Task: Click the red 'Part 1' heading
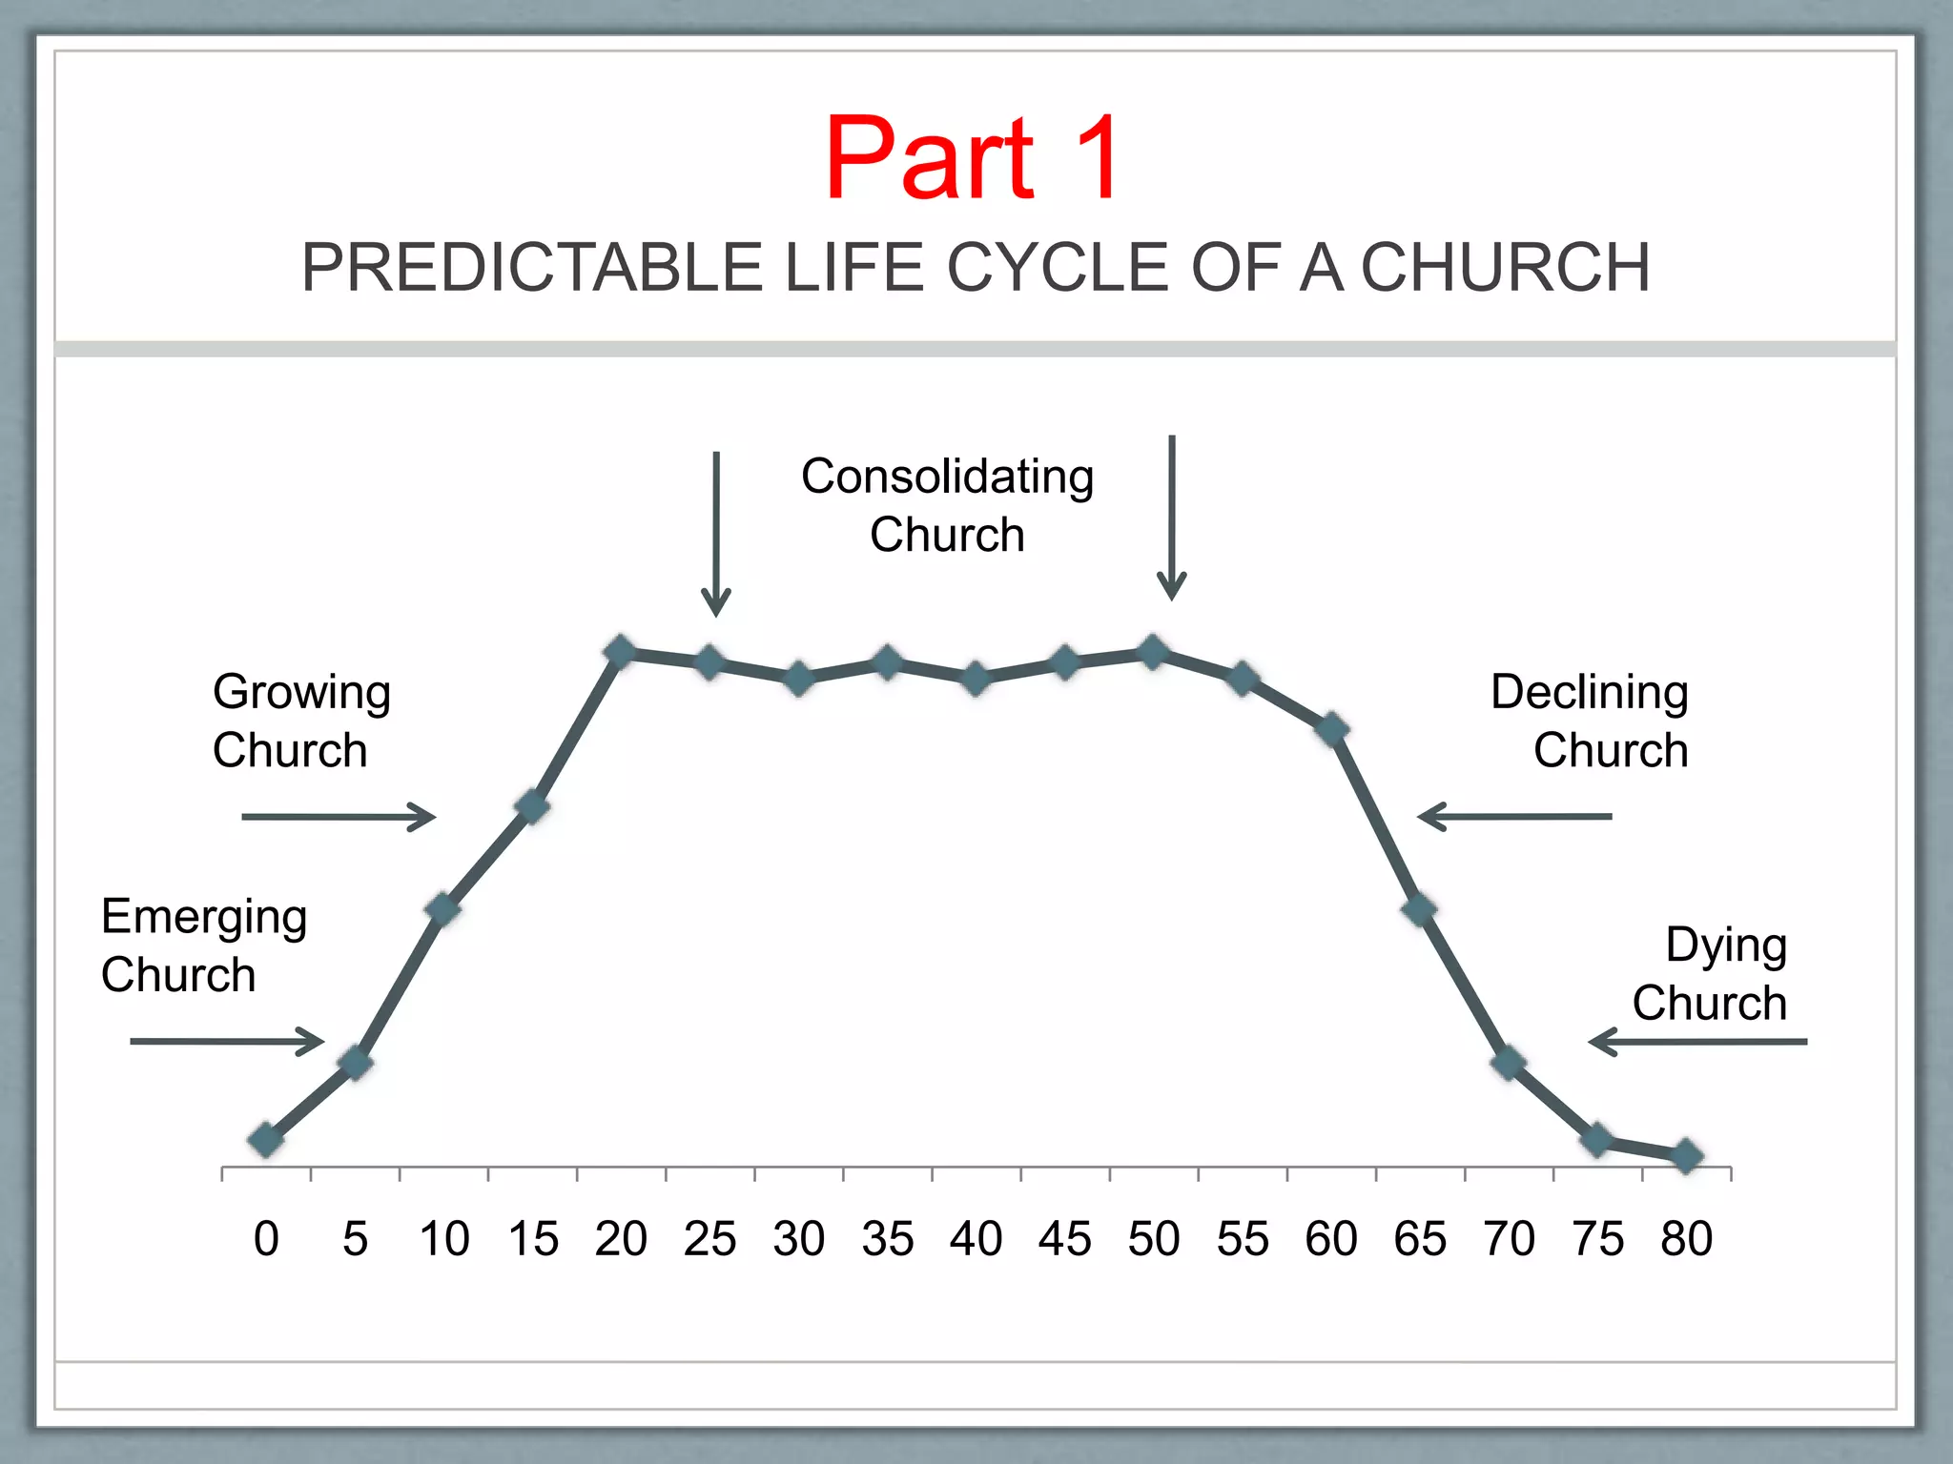tap(973, 158)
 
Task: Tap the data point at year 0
tap(266, 1139)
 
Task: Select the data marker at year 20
tap(621, 652)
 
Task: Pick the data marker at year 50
tap(1154, 652)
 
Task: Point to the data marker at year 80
tap(1686, 1155)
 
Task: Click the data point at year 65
tap(1420, 908)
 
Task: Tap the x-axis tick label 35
tap(887, 1239)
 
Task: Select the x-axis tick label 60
tap(1331, 1239)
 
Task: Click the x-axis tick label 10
tap(443, 1239)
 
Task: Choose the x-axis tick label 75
tap(1597, 1239)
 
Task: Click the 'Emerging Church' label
tap(203, 945)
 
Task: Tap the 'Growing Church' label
tap(300, 721)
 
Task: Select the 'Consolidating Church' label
tap(947, 505)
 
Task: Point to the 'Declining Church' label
tap(1590, 721)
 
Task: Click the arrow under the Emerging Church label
tap(227, 1041)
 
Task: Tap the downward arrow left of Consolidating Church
tap(716, 534)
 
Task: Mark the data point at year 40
tap(976, 679)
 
